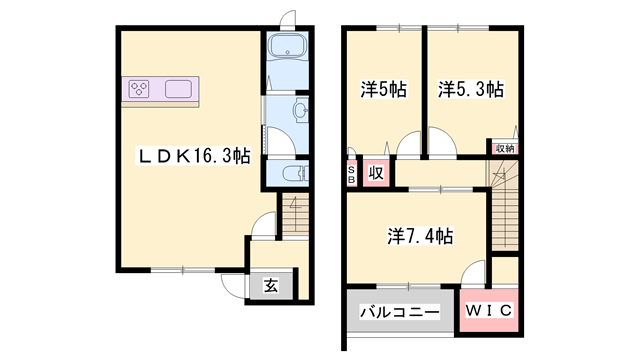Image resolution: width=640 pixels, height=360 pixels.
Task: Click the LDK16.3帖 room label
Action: pos(193,156)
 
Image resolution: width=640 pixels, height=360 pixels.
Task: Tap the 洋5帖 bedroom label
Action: pos(383,89)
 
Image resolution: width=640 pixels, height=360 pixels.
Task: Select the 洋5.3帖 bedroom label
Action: pos(471,89)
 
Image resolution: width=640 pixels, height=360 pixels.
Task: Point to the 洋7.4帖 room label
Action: pos(420,236)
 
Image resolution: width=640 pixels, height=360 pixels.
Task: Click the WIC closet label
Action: pos(489,310)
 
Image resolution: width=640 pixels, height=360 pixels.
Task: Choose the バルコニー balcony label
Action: pos(400,313)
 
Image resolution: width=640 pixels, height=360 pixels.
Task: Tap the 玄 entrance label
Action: pos(271,286)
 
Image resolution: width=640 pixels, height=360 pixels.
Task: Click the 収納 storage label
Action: pos(505,149)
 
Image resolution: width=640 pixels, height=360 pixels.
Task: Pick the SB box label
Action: pos(351,174)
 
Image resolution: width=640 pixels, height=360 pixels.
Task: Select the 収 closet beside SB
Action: pos(376,173)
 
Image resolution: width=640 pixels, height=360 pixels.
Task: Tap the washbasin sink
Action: pos(301,110)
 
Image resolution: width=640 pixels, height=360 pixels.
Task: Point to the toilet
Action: pos(296,173)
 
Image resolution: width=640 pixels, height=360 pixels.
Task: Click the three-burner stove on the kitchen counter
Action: pos(139,89)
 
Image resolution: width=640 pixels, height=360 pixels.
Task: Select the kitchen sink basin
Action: pos(178,89)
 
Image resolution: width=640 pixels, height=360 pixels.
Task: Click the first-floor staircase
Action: pos(295,215)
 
